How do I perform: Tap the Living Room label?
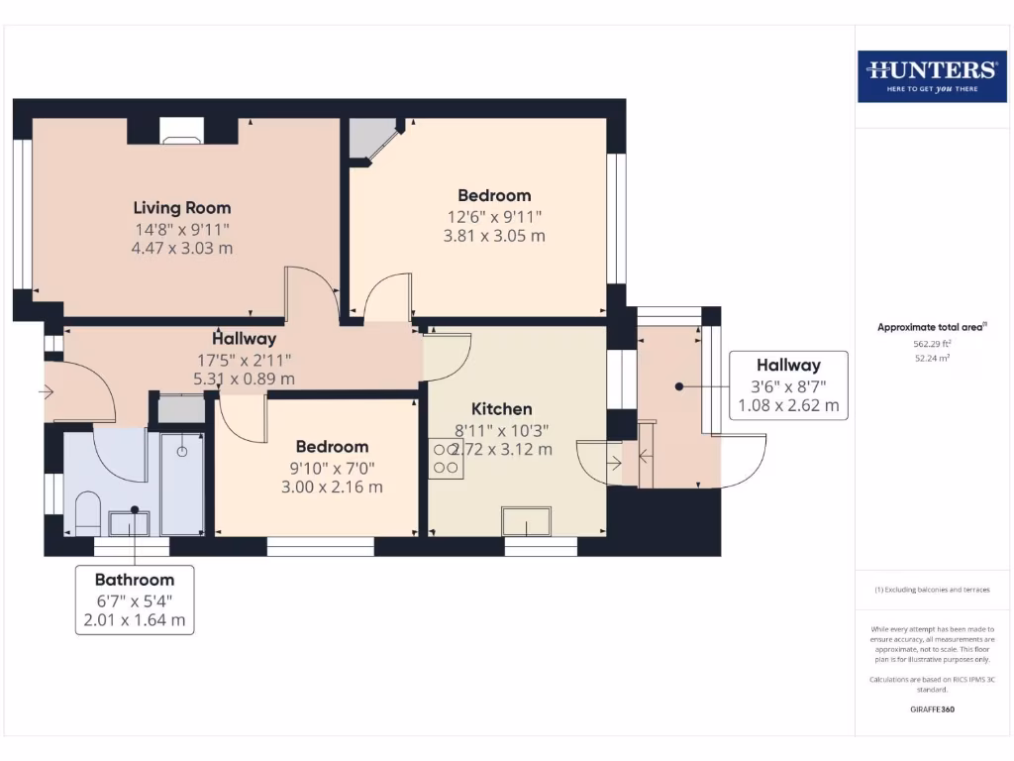tap(182, 207)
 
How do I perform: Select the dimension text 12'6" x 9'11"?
tap(494, 216)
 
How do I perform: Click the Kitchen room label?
tap(501, 408)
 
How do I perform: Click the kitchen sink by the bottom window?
tap(527, 520)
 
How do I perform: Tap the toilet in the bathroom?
tap(87, 512)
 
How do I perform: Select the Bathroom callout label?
tap(135, 580)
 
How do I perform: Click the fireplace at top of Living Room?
tap(181, 131)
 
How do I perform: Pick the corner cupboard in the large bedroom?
tap(370, 137)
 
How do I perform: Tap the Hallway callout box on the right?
tap(788, 384)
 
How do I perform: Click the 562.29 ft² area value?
tap(931, 344)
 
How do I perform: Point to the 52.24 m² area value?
tap(931, 358)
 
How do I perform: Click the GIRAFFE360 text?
tap(931, 709)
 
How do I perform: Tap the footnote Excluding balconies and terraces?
tap(931, 590)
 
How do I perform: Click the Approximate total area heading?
tap(931, 327)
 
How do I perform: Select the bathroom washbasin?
tap(129, 521)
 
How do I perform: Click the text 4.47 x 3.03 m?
tap(182, 248)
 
